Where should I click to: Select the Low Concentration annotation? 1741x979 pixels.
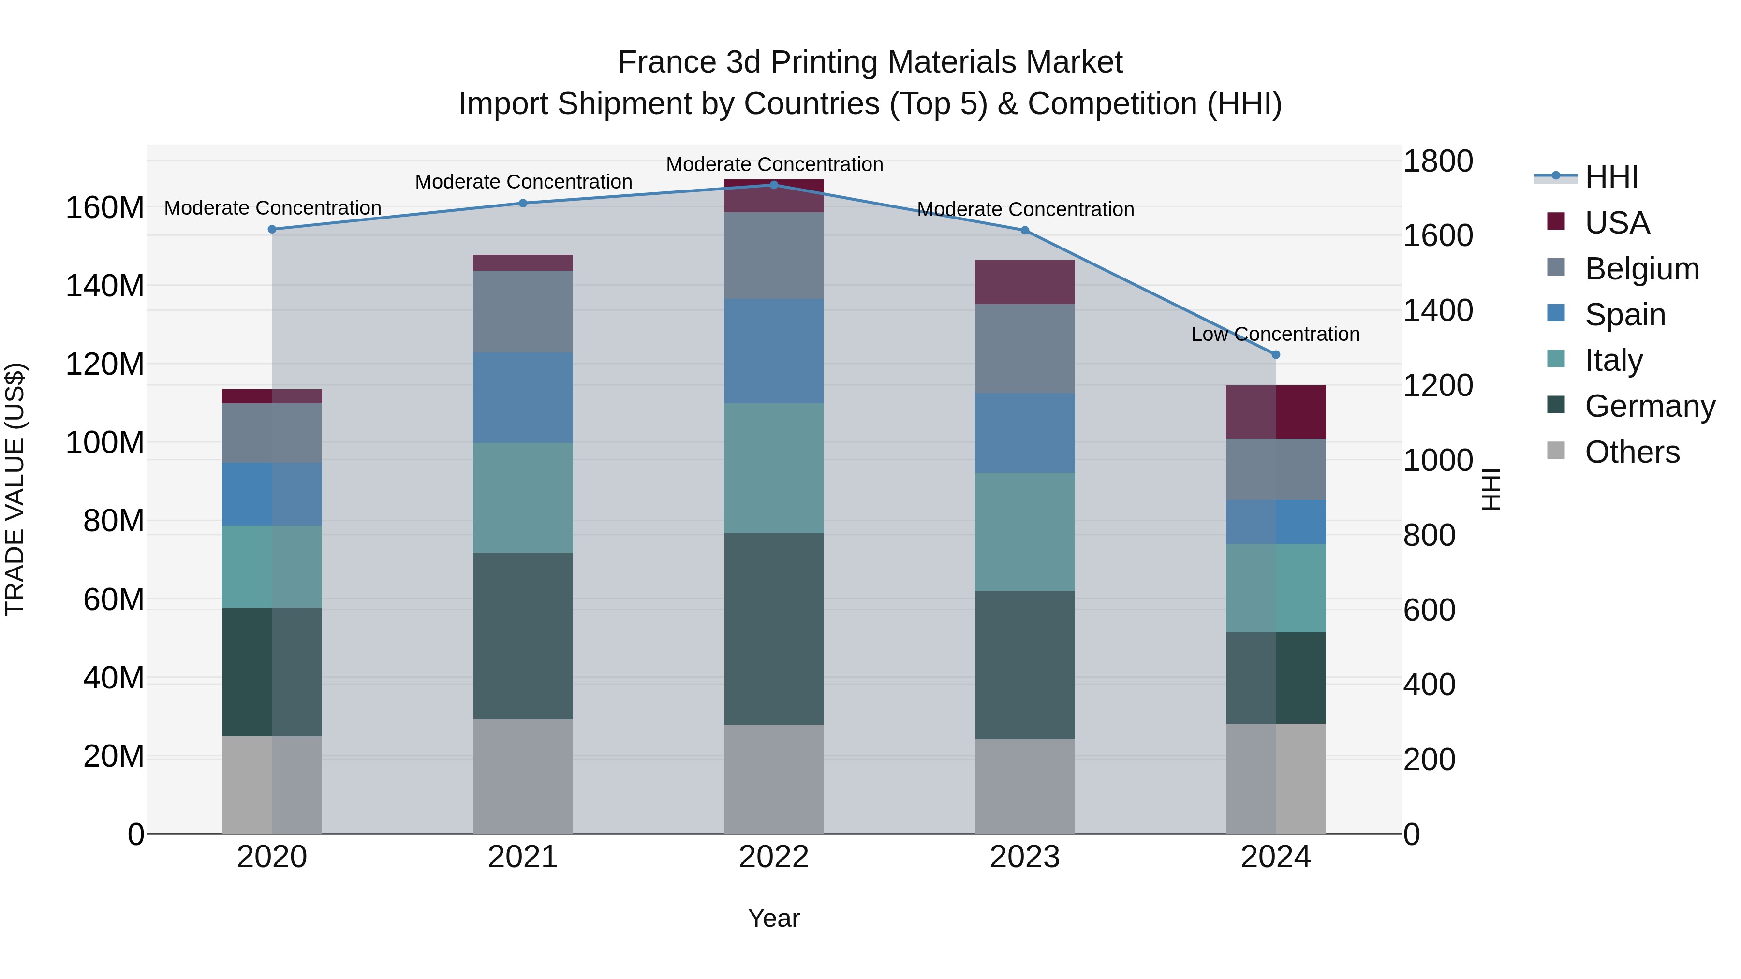pos(1275,335)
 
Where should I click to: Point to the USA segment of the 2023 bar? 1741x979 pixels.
pos(1025,282)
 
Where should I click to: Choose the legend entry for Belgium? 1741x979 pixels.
pos(1641,269)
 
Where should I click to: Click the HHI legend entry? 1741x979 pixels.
pos(1611,177)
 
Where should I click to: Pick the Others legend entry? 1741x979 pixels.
pos(1632,452)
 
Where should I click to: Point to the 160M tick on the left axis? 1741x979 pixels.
pos(105,207)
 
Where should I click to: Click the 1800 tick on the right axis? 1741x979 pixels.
pos(1438,161)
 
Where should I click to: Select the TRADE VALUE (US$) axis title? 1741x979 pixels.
pos(15,489)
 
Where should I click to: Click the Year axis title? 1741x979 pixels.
pos(774,918)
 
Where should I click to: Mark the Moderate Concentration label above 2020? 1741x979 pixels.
pos(272,208)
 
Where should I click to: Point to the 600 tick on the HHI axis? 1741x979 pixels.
pos(1429,610)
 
